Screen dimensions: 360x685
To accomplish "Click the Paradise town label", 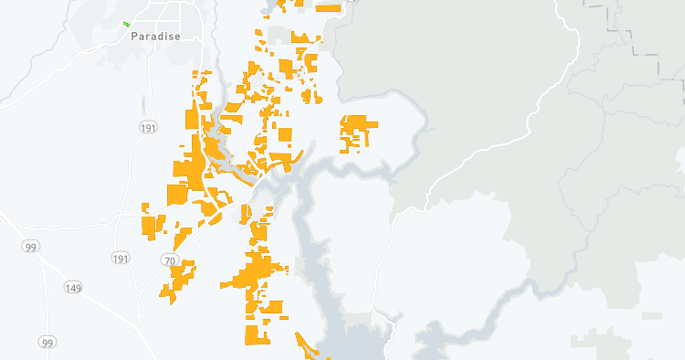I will pyautogui.click(x=155, y=37).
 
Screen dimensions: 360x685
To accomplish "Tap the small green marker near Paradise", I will pyautogui.click(x=126, y=24).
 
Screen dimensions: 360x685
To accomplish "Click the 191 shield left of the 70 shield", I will pyautogui.click(x=120, y=259).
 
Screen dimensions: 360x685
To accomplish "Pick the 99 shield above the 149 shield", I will pyautogui.click(x=31, y=247).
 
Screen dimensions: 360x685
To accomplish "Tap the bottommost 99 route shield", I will pyautogui.click(x=47, y=342).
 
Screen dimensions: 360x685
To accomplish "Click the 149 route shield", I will pyautogui.click(x=72, y=288).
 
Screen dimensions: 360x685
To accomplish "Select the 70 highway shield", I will pyautogui.click(x=168, y=260).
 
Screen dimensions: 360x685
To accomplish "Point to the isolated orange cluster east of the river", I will pyautogui.click(x=355, y=132).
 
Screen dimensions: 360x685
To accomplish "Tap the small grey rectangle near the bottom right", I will pyautogui.click(x=651, y=316).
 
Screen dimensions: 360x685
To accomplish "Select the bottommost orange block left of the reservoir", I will pyautogui.click(x=257, y=334).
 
